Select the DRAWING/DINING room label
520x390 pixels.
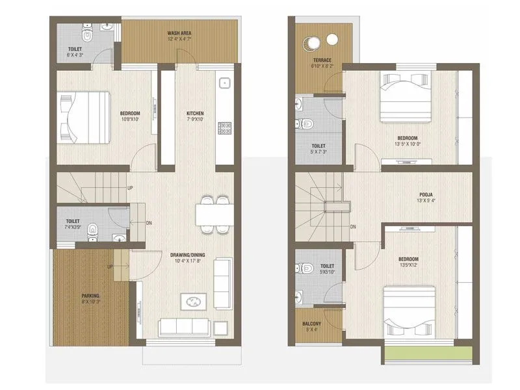(x=187, y=255)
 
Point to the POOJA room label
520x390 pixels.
(x=426, y=194)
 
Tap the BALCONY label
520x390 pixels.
(x=311, y=323)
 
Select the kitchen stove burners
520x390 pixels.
(x=226, y=128)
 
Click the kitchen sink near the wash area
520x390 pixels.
(x=226, y=83)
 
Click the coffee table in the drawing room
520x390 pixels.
(x=194, y=302)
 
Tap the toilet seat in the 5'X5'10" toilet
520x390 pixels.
(x=305, y=268)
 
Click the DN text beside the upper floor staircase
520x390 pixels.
(x=353, y=227)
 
